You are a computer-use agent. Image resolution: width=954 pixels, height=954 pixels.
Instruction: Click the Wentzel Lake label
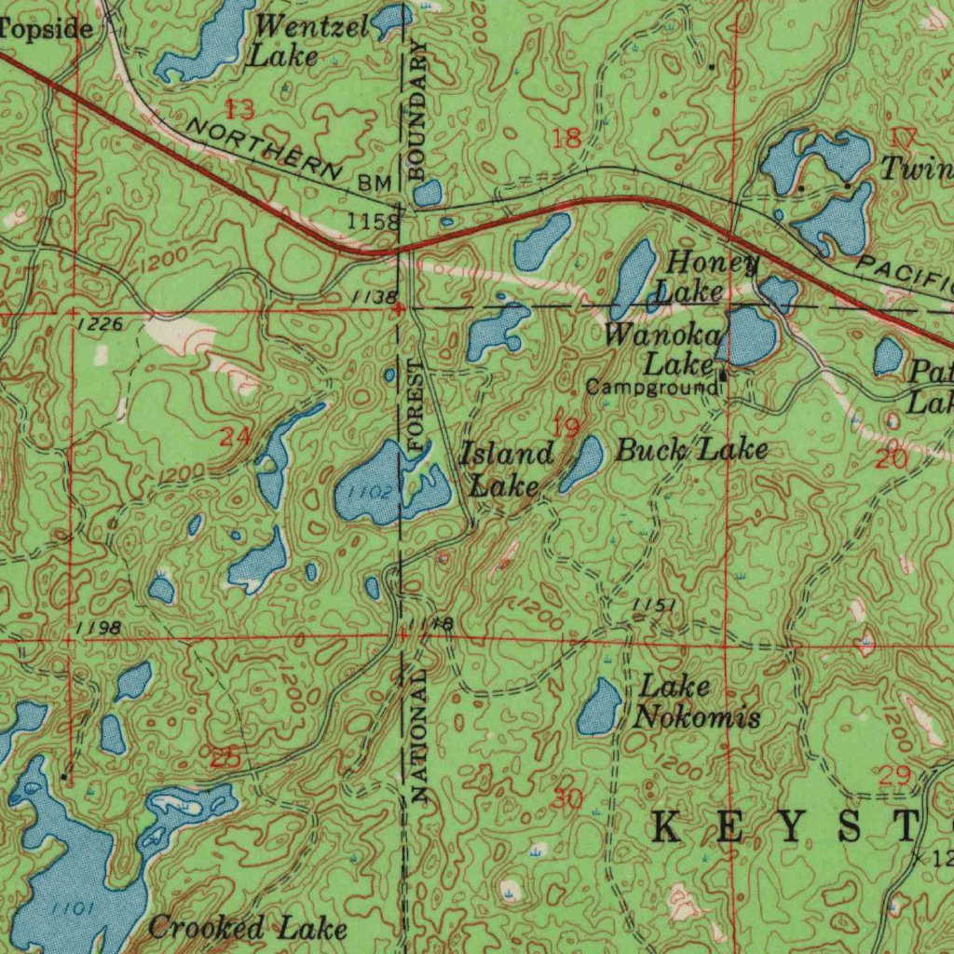pos(297,42)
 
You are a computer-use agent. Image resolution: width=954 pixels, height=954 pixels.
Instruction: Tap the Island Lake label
pos(507,470)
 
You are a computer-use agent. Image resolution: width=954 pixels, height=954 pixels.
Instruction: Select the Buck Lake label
pos(692,451)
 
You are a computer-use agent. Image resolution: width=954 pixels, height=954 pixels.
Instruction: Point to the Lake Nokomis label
pos(697,702)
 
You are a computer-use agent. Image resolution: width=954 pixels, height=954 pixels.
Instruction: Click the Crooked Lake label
pos(247,928)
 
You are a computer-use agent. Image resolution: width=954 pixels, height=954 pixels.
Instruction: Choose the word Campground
pos(652,386)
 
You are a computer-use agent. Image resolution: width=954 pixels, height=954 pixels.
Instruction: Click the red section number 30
pos(566,797)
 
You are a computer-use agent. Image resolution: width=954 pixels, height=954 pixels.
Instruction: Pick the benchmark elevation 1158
pos(373,222)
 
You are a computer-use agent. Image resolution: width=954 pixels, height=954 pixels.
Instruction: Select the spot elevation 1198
pos(96,627)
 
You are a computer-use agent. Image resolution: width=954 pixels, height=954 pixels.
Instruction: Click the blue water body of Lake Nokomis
pos(598,707)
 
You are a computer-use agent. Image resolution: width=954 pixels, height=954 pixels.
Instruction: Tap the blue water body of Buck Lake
pos(581,463)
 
